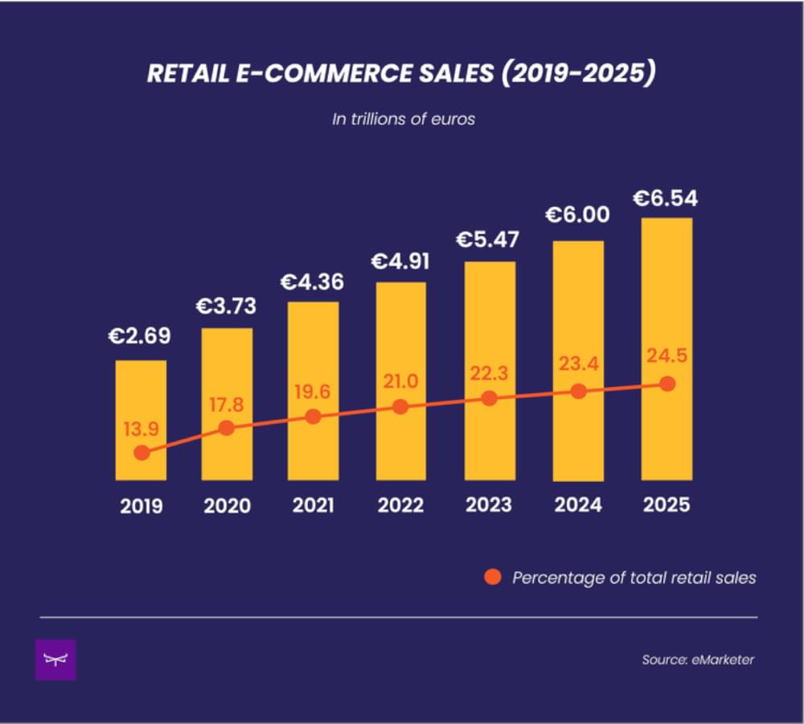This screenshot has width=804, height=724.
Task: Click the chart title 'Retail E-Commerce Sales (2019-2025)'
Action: pos(402,74)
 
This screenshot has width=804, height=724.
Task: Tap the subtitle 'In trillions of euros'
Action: pos(404,119)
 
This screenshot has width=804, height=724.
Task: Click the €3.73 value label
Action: pos(227,307)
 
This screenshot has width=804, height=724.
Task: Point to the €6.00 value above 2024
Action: pos(577,216)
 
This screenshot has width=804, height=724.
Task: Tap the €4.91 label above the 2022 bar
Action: pos(400,261)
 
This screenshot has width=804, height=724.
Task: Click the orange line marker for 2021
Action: pos(314,417)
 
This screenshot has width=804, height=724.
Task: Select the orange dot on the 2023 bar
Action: pos(488,398)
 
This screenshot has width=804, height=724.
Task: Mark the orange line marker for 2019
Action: pos(142,453)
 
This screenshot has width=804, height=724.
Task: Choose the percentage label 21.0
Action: pos(400,381)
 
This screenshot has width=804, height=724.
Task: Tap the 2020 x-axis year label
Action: pos(227,506)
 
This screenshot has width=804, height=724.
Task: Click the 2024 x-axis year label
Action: pos(577,504)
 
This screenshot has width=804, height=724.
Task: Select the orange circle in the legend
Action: pos(493,577)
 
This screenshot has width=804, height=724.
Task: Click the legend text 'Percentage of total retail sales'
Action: pos(634,578)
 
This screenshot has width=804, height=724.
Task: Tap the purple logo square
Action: pos(55,660)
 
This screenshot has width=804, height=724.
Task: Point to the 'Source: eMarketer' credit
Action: pos(697,660)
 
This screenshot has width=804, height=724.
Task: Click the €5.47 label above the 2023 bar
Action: pos(488,240)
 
